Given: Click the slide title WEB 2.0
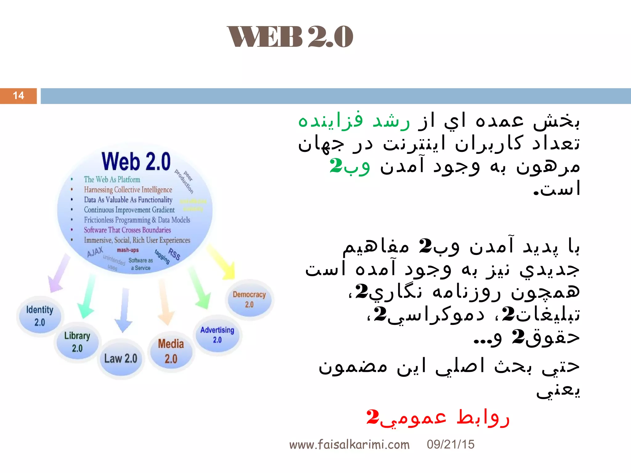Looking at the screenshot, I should (290, 37).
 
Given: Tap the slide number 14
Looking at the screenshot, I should (18, 96).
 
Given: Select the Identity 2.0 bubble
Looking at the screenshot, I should (40, 316).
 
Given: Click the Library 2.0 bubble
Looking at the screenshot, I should (77, 342).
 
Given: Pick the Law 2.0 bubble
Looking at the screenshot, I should (121, 358).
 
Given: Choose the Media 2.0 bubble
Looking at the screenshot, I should (171, 351).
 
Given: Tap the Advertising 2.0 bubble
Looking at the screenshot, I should (217, 335).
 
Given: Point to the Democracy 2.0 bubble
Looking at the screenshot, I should (249, 299).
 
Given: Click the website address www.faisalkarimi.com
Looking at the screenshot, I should (349, 445).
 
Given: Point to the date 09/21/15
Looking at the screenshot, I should (450, 444).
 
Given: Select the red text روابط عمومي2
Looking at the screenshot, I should (438, 418).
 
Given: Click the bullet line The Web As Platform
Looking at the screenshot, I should (112, 180).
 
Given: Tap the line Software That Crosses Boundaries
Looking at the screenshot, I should (127, 230).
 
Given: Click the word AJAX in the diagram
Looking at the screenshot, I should (95, 252).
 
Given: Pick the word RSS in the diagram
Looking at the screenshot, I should (174, 254).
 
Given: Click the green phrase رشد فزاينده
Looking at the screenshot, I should (354, 121).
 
